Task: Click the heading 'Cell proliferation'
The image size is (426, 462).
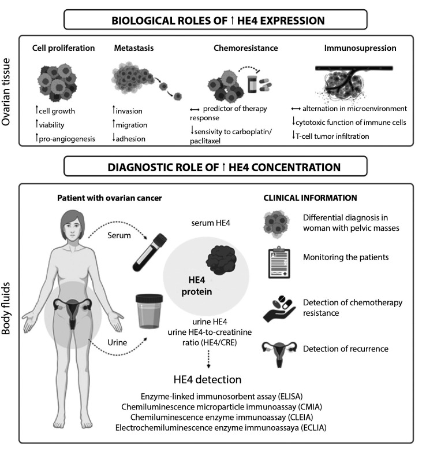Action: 63,48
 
